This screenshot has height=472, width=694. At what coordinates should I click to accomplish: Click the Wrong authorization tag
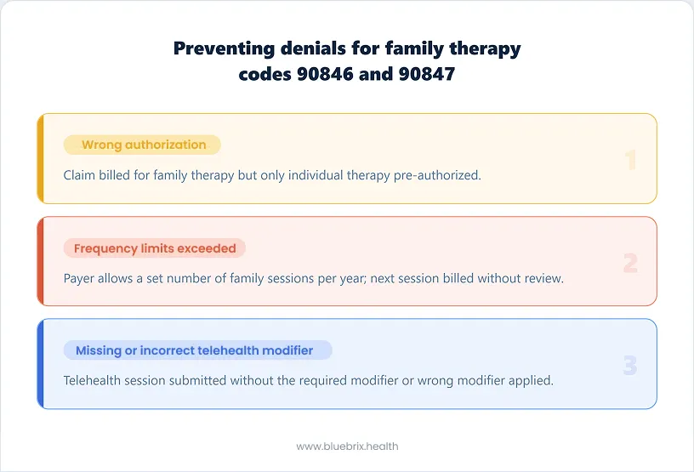[x=143, y=145]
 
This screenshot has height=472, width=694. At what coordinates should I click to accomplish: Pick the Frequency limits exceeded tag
[x=155, y=248]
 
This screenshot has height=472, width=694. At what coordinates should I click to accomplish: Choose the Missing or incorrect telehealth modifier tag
[x=197, y=350]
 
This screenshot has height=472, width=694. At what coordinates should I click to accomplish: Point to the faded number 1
[x=630, y=160]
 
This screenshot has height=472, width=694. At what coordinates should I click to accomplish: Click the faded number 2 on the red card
[x=629, y=263]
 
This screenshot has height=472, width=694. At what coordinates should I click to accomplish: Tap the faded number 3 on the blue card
[x=629, y=365]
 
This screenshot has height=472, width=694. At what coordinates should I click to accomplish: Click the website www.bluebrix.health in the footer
[x=347, y=446]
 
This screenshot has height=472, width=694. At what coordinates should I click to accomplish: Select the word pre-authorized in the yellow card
[x=443, y=175]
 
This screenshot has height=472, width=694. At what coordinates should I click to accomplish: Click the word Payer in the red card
[x=81, y=278]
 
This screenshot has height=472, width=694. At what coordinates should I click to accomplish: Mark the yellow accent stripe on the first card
[x=40, y=159]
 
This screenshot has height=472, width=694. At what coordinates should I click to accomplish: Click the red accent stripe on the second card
[x=40, y=261]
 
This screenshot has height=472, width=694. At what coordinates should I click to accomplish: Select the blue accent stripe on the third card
[x=40, y=363]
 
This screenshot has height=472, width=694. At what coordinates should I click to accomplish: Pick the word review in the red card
[x=543, y=278]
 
